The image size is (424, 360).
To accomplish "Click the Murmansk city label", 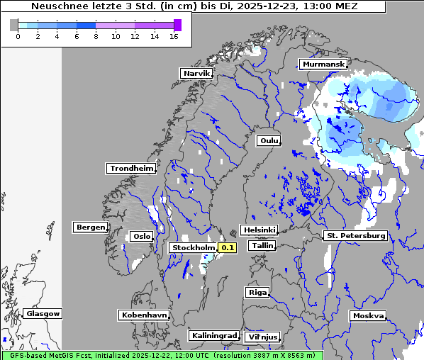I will pos(323,64).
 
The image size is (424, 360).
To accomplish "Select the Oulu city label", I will pos(269,140).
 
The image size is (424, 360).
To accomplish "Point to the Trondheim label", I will pos(131,168).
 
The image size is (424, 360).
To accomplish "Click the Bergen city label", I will pos(89,227).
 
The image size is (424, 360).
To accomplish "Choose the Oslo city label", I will pos(140,236).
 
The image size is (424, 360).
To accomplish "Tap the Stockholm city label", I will pos(193,247).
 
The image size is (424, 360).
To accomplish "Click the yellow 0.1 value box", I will pos(227,247).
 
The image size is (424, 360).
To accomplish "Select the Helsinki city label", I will pos(259,230).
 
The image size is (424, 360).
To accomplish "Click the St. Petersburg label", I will pos(355,235).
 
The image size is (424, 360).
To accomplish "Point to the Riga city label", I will pos(257,292).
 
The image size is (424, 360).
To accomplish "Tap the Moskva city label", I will pos(368,315).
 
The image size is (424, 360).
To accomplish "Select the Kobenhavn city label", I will pos(144,314).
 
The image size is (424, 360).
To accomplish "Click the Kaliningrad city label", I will pos(213,335).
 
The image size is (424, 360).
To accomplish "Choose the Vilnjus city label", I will pos(262,337).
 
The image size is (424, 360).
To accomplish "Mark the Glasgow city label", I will pos(43,313).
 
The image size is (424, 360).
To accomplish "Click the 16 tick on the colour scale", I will pos(174,37).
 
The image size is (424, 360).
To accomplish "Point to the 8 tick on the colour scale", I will pos(96,37).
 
